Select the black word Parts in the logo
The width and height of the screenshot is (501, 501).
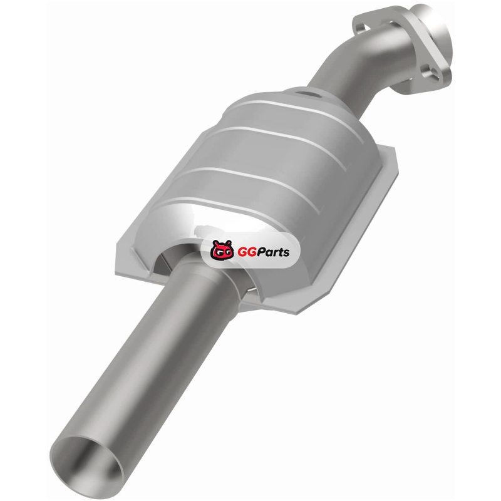[x=274, y=252]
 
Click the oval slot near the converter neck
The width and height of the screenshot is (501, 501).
[x=309, y=95]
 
